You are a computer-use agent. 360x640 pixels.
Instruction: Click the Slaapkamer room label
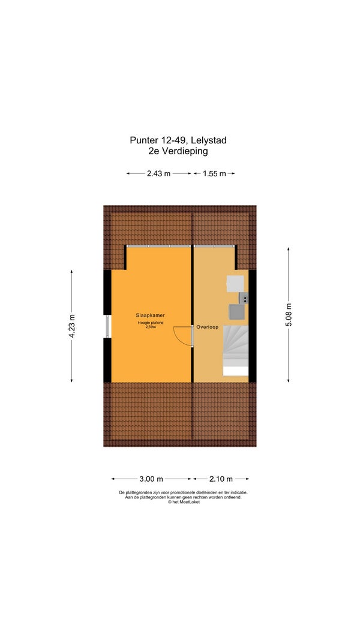150,315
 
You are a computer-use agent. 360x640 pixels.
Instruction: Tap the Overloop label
208,327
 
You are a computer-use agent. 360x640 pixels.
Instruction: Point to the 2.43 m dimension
159,173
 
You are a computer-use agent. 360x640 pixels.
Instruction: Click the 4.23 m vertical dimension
72,326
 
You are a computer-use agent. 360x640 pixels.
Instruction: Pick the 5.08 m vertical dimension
289,315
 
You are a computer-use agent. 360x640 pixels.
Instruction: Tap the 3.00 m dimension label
151,479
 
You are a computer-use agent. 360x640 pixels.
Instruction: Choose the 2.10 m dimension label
221,479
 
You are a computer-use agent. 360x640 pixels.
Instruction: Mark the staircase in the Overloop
236,350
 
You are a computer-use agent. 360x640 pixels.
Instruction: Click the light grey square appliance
236,284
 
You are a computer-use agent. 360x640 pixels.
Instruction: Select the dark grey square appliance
237,313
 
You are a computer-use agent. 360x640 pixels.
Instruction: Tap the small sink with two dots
244,298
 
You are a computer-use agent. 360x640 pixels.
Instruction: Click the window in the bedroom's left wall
107,326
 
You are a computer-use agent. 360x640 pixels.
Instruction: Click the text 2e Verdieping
178,151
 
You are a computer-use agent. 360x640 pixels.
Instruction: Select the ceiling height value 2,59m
151,326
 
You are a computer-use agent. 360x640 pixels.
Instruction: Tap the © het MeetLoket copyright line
184,502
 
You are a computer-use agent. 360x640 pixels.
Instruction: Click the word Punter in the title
143,140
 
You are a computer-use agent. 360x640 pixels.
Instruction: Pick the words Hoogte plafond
151,323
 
